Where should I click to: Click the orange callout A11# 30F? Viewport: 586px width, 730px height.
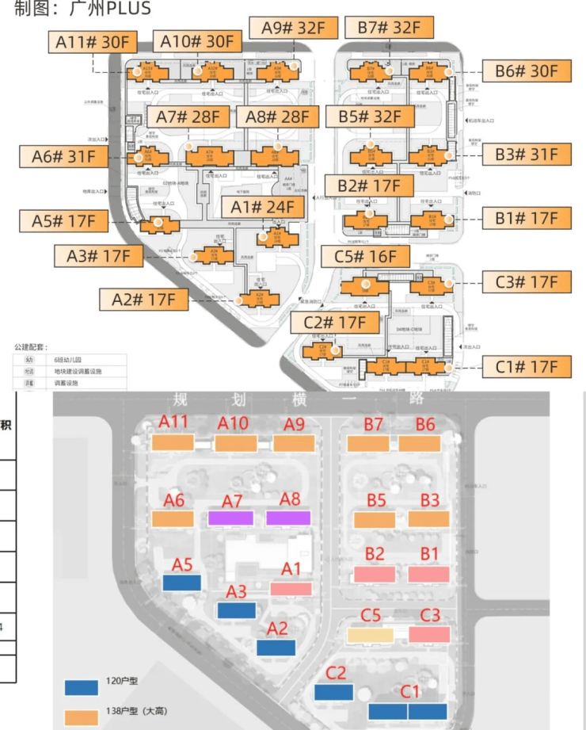[93, 41]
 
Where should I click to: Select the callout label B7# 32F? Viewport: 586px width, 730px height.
[389, 27]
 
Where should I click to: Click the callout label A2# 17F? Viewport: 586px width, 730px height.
[143, 300]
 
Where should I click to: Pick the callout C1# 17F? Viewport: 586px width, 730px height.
[526, 367]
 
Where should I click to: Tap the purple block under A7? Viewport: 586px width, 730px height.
[230, 518]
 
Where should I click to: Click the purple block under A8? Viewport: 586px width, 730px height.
[288, 518]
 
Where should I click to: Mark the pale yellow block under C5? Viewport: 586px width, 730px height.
[370, 635]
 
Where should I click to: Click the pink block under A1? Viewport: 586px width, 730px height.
[291, 589]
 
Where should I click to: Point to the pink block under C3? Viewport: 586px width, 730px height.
[429, 634]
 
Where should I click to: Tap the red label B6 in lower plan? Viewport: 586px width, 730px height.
[424, 424]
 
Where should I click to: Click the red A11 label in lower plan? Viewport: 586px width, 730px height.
[173, 423]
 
